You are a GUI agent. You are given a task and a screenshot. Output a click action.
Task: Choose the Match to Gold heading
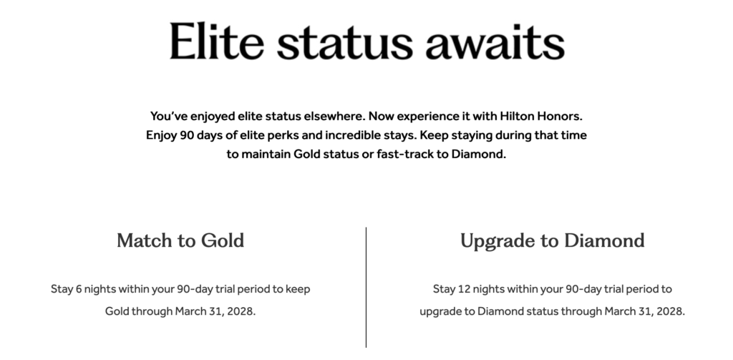[180, 240]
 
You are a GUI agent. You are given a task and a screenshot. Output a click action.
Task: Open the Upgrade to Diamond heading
[552, 240]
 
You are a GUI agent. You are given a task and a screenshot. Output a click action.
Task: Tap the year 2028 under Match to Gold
[241, 312]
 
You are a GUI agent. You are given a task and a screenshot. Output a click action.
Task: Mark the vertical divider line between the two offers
[366, 286]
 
